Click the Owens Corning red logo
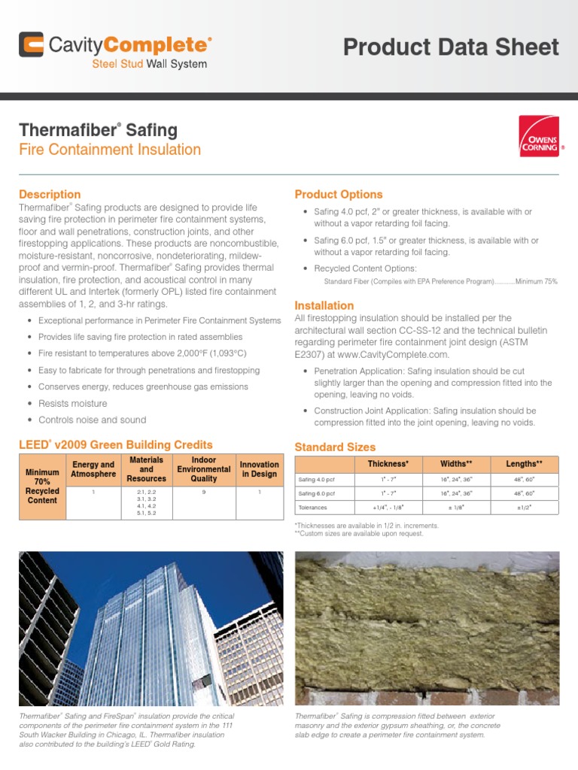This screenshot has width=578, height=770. [x=539, y=136]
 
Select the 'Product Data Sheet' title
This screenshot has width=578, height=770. [x=451, y=47]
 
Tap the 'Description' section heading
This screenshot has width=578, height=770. [x=50, y=194]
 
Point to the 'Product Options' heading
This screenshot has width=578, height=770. [x=338, y=194]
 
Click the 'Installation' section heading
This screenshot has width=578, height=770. [x=324, y=305]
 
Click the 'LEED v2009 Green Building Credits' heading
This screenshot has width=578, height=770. [x=115, y=445]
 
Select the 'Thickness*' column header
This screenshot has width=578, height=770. [x=388, y=464]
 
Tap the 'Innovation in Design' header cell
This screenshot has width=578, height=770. [x=259, y=469]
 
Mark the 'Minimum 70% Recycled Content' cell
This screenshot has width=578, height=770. [x=42, y=487]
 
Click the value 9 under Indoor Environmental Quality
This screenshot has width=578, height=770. [x=204, y=491]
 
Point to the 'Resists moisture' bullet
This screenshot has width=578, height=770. [x=72, y=404]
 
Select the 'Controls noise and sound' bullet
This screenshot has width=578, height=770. [x=92, y=420]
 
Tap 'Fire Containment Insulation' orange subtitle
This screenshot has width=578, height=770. [x=110, y=150]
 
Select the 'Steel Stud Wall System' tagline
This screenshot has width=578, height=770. [x=149, y=64]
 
